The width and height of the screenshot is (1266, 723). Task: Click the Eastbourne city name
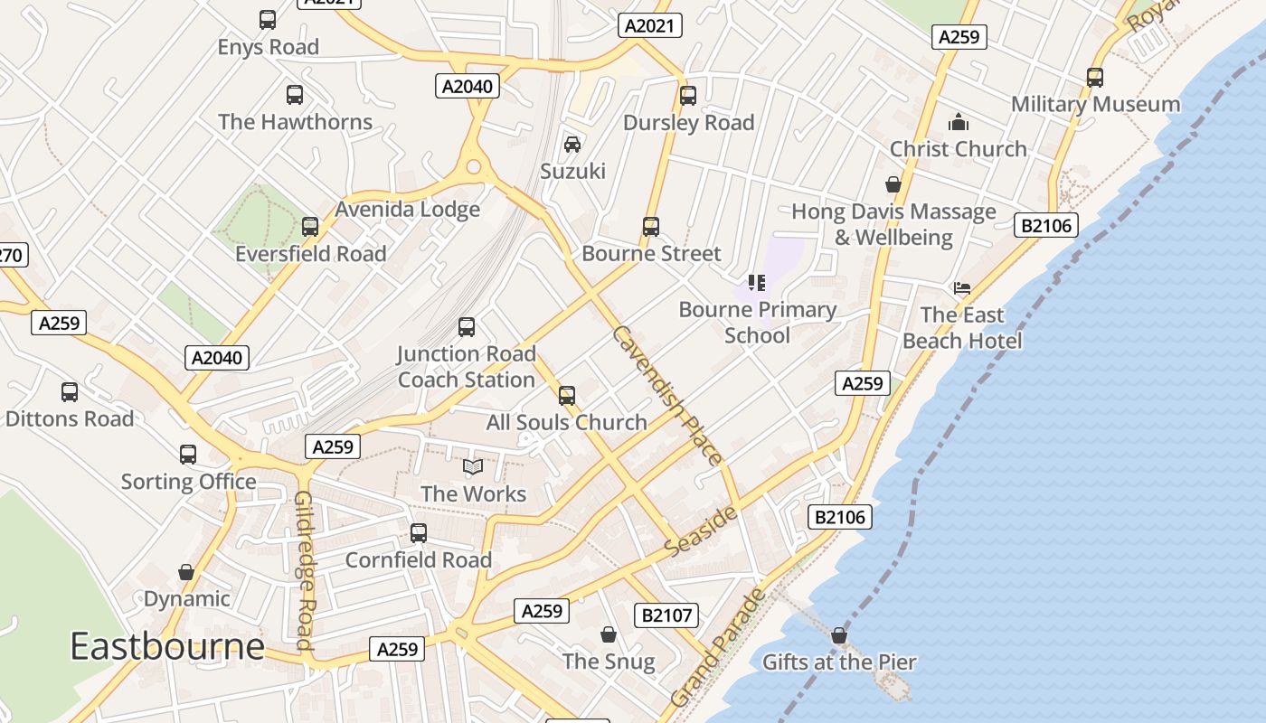pyautogui.click(x=167, y=647)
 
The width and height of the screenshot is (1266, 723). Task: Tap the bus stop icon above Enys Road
pyautogui.click(x=268, y=20)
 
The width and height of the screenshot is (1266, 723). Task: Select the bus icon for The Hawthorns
pyautogui.click(x=295, y=95)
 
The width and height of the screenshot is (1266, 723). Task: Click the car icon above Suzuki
pyautogui.click(x=572, y=145)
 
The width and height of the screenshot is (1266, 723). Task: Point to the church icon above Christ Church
pyautogui.click(x=958, y=122)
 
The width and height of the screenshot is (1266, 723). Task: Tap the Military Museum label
pyautogui.click(x=1095, y=104)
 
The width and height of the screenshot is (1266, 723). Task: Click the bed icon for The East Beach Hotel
pyautogui.click(x=962, y=288)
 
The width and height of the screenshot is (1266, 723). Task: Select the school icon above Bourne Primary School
pyautogui.click(x=757, y=283)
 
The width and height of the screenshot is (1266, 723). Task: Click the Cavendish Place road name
pyautogui.click(x=667, y=395)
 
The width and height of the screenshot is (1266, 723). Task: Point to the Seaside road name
pyautogui.click(x=701, y=531)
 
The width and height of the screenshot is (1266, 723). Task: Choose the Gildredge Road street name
pyautogui.click(x=304, y=571)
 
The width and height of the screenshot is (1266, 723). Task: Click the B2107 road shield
pyautogui.click(x=666, y=615)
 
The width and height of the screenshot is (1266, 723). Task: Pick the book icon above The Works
pyautogui.click(x=473, y=466)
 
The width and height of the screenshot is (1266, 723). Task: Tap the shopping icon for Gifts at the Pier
pyautogui.click(x=838, y=635)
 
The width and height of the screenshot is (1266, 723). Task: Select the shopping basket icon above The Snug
pyautogui.click(x=609, y=634)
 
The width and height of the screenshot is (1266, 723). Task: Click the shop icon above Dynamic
pyautogui.click(x=186, y=572)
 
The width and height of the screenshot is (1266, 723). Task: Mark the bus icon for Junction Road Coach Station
pyautogui.click(x=467, y=327)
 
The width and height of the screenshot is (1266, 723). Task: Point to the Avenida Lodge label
pyautogui.click(x=408, y=210)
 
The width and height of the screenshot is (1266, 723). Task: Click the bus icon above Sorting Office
pyautogui.click(x=188, y=455)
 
